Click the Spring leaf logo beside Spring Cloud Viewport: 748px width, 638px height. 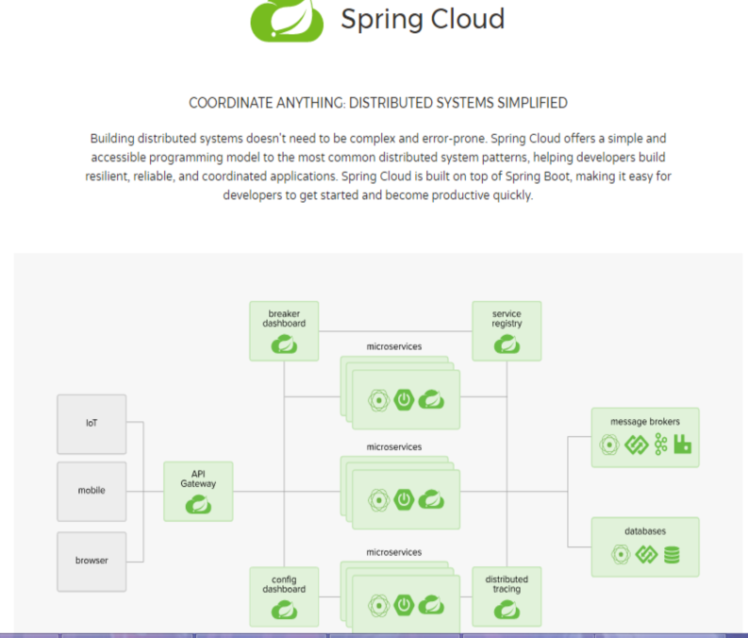[286, 20]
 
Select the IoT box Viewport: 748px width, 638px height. [91, 423]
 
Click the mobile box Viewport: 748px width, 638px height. [91, 491]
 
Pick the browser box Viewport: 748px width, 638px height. [91, 561]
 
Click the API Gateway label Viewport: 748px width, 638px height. [198, 478]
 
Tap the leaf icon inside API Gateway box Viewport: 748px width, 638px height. [198, 506]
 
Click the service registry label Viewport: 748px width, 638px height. [507, 319]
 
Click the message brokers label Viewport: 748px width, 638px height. [645, 421]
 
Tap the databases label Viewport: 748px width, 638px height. [645, 531]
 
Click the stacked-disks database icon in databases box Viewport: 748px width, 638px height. [672, 555]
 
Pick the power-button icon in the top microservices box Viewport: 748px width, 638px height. [405, 399]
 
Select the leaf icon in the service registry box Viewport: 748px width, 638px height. [507, 345]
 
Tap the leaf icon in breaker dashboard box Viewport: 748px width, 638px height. [284, 345]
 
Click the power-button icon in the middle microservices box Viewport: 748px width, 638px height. [405, 499]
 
